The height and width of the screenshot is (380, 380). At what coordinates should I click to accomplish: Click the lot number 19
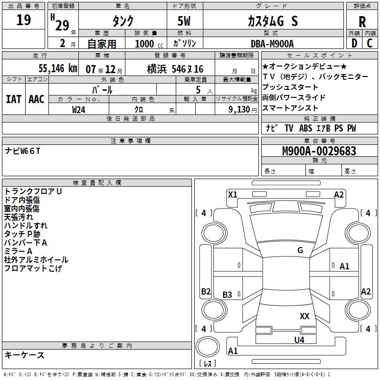click(x=23, y=20)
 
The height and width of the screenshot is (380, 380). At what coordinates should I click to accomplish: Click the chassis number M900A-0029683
click(x=319, y=152)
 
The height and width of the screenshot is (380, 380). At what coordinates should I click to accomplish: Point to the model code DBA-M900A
click(x=272, y=44)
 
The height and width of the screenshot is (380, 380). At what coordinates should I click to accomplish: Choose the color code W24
click(x=78, y=109)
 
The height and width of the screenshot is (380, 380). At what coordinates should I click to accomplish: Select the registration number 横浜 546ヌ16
click(x=174, y=69)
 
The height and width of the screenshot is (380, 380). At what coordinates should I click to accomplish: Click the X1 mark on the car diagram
click(x=232, y=194)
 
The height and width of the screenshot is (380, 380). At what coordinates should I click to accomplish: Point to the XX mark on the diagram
click(x=304, y=316)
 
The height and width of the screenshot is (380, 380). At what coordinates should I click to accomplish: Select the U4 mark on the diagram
click(x=299, y=340)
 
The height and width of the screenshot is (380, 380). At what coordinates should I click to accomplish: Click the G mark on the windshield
click(x=300, y=250)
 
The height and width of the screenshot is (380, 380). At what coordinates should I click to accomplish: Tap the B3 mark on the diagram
click(x=228, y=295)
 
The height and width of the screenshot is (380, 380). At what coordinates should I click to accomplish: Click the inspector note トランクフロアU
click(x=33, y=191)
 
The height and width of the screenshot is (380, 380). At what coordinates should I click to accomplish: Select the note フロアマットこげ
click(x=33, y=268)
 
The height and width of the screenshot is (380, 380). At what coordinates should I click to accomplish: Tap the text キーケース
click(x=25, y=355)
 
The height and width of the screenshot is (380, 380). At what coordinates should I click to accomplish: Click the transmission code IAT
click(x=13, y=99)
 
